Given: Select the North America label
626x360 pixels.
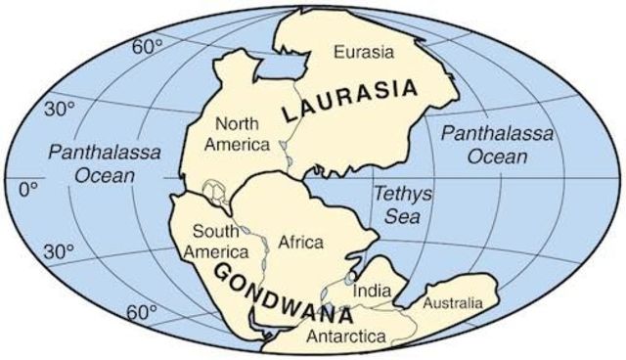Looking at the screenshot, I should [242, 135].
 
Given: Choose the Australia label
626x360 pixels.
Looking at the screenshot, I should [451, 304].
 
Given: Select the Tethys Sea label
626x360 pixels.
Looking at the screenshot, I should [394, 203].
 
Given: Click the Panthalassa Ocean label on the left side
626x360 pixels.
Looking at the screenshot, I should [91, 162].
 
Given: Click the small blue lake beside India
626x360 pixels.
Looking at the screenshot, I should [351, 279].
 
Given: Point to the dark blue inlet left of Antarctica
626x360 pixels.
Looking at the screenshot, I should [257, 316].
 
